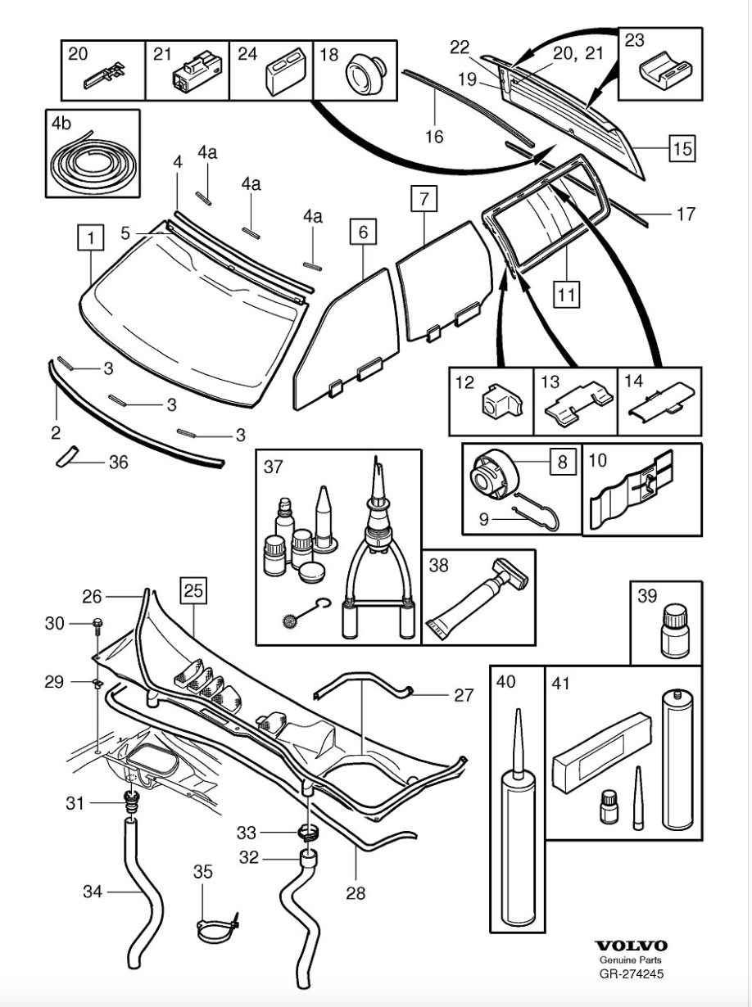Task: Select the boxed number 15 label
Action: [682, 149]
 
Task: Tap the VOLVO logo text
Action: [630, 946]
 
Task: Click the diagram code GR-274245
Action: [630, 974]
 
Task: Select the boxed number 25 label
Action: [193, 589]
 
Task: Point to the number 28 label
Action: [355, 892]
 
